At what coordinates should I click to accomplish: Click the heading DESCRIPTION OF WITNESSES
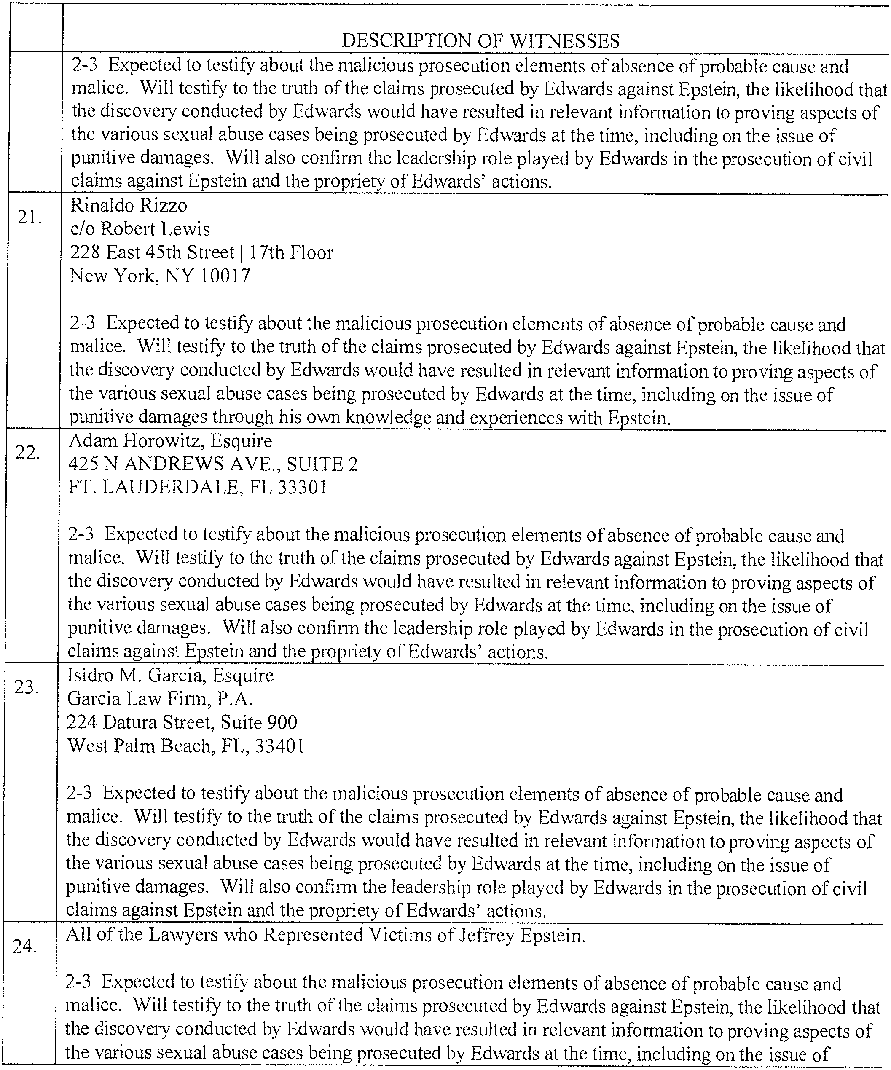tap(480, 41)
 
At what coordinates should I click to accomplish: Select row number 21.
tap(30, 217)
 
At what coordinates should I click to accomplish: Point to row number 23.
tap(27, 687)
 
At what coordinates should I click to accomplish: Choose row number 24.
tap(25, 946)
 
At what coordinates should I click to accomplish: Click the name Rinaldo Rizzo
tap(129, 205)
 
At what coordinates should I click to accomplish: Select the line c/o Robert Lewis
tap(140, 229)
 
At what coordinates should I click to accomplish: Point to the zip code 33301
tap(302, 488)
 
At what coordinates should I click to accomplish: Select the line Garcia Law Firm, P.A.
tap(160, 699)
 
